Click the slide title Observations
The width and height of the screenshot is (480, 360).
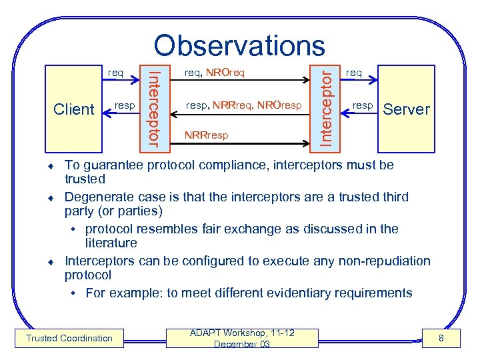coord(239,45)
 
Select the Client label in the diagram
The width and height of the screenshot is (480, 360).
coord(73,109)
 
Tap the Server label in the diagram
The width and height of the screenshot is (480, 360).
coord(407,109)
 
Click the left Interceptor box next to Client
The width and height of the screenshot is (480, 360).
coord(153,104)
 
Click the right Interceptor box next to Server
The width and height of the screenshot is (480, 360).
coord(325,104)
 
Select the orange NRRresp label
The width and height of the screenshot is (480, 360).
coord(207,135)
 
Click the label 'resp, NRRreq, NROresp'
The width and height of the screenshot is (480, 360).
coord(243,105)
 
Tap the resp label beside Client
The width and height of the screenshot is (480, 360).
coord(125,105)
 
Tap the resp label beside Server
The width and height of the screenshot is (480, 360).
coord(363,105)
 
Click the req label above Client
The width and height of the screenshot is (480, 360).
coord(115,72)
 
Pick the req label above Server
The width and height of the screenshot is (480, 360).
coord(354,72)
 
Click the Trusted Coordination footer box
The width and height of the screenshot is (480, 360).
coord(69,338)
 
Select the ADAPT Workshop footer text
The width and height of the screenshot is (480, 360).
coord(242,338)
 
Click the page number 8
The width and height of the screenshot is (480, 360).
coord(440,339)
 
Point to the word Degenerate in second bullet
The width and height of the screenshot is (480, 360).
coord(96,197)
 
